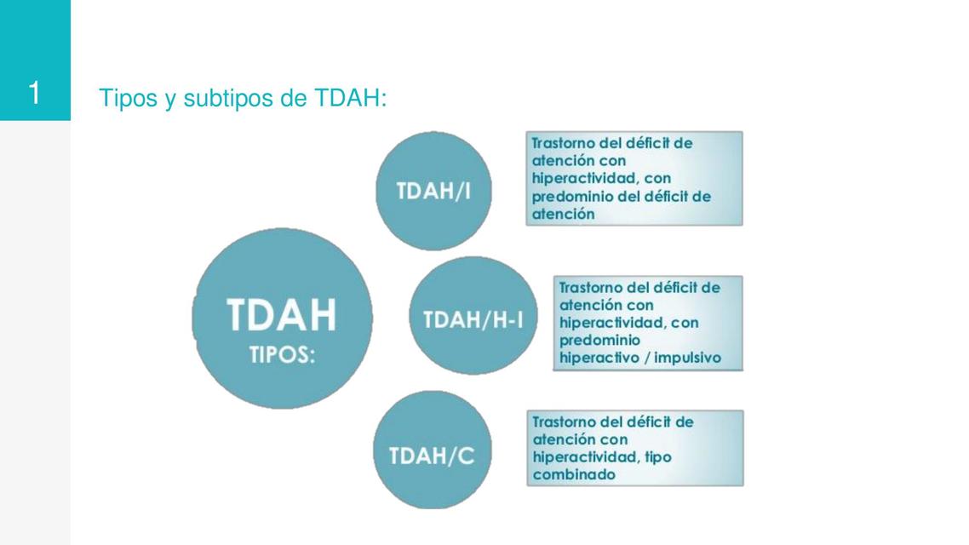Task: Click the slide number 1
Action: point(34,92)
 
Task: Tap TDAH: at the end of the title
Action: point(350,99)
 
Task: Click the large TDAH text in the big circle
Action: point(282,316)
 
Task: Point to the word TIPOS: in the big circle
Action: point(282,355)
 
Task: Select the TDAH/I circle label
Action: point(433,192)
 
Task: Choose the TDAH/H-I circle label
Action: point(473,320)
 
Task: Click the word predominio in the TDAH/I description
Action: point(571,197)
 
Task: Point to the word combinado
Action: point(573,475)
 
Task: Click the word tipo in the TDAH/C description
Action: point(659,457)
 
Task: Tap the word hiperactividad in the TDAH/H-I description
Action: point(612,323)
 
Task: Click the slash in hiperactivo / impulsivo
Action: point(646,358)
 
